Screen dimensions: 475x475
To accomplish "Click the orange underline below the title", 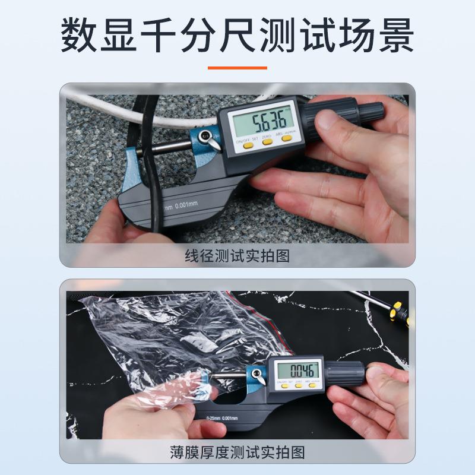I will coord(237,68).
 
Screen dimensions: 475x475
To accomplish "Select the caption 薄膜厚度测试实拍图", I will coord(237,453).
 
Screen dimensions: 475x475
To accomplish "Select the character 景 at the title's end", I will coord(392,37).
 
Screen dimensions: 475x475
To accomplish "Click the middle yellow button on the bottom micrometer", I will coord(299,386).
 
